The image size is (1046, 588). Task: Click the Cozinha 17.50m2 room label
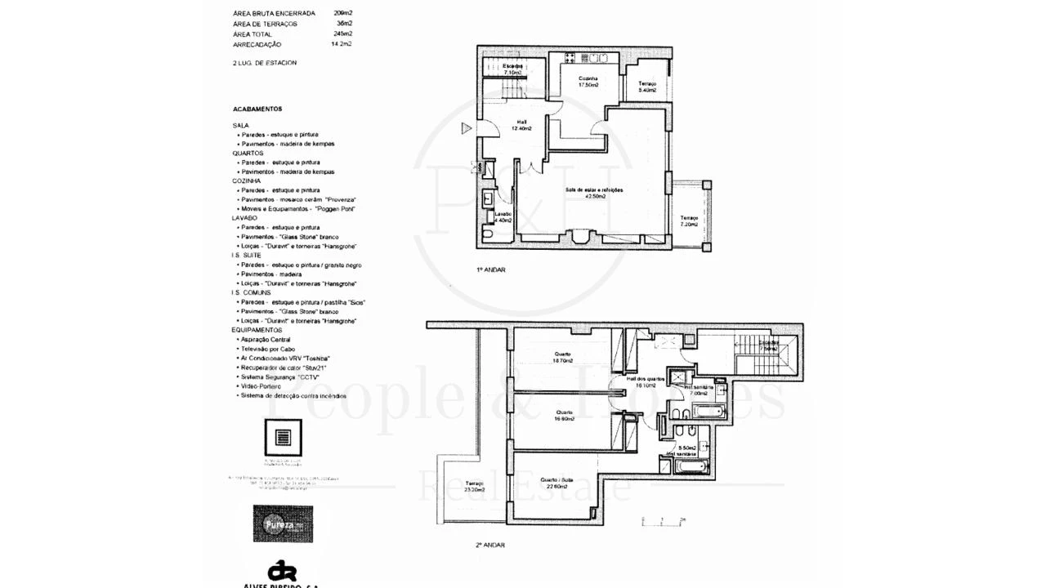pyautogui.click(x=588, y=82)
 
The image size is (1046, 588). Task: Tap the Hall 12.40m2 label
pyautogui.click(x=521, y=125)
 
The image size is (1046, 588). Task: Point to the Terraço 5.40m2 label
pyautogui.click(x=647, y=87)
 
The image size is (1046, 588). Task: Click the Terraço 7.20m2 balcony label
pyautogui.click(x=689, y=220)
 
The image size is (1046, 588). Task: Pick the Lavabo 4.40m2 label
pyautogui.click(x=503, y=217)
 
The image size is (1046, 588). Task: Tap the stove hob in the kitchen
pyautogui.click(x=570, y=58)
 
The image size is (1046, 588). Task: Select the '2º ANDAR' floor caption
pyautogui.click(x=489, y=545)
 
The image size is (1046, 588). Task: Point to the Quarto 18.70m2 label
pyautogui.click(x=561, y=357)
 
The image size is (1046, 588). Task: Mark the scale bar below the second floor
pyautogui.click(x=663, y=520)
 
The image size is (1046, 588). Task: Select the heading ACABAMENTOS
pyautogui.click(x=257, y=109)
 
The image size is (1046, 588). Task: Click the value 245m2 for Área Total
pyautogui.click(x=342, y=34)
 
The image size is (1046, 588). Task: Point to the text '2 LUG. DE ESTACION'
pyautogui.click(x=264, y=63)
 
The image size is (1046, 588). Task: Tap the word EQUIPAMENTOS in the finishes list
pyautogui.click(x=257, y=330)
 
